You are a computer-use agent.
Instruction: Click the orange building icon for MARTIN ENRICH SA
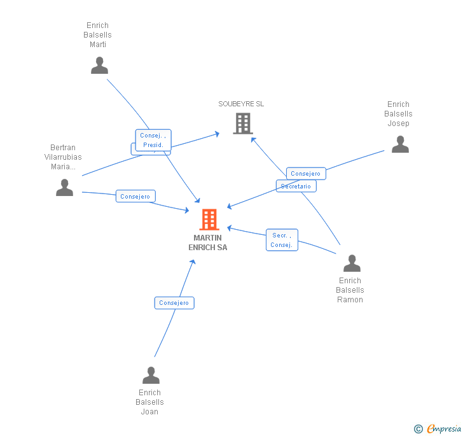coord(209,220)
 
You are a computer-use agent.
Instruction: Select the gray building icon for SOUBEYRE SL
coord(243,123)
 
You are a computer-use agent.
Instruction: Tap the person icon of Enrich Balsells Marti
coord(99,66)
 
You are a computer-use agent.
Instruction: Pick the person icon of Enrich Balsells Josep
coord(400,144)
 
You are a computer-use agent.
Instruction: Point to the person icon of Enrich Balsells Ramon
coord(351,264)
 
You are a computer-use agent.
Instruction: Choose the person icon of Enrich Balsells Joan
coord(151,376)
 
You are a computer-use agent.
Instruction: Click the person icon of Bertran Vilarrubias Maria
coord(64,188)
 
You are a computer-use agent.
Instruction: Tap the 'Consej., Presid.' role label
coord(153,140)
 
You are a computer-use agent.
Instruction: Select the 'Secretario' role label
coord(296,186)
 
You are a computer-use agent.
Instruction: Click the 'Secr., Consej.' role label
coord(281,240)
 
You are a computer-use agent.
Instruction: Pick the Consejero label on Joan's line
coord(174,303)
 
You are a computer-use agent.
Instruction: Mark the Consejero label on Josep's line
coord(306,173)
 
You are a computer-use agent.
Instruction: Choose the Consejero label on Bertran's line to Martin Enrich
coord(135,197)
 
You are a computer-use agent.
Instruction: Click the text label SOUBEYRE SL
coord(241,104)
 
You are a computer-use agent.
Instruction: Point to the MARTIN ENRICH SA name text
coord(208,243)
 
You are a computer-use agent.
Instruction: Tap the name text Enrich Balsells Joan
coord(149,402)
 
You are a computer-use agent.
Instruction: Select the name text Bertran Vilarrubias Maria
coord(63,157)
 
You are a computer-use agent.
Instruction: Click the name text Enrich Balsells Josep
coord(398,114)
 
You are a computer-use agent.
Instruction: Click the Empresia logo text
coord(444,428)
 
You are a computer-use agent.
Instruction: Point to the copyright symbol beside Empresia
coord(418,429)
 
